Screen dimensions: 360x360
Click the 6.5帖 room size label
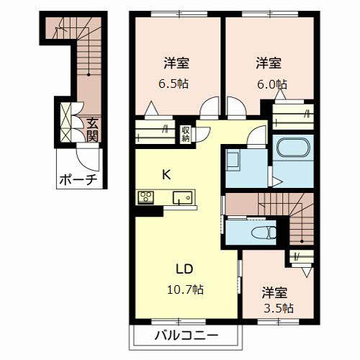174,84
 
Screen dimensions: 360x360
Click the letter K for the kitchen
166,174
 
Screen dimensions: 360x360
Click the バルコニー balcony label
186,335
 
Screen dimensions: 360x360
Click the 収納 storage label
186,132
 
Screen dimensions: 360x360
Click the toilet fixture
263,233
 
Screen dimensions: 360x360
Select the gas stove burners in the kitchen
146,196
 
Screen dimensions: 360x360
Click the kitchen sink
181,197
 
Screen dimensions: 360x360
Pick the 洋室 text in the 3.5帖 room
274,292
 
